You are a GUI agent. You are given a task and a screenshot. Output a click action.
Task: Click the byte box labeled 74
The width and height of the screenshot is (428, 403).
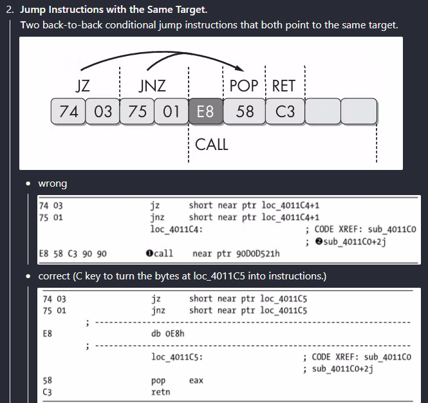(68, 112)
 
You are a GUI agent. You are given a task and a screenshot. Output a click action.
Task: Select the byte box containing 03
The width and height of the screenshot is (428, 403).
(102, 112)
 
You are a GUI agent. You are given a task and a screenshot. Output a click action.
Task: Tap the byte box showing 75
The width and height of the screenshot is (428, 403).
(136, 112)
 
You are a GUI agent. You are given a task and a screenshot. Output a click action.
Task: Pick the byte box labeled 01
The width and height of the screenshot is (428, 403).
(171, 112)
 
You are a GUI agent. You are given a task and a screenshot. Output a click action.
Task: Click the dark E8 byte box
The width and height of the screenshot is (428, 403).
(205, 112)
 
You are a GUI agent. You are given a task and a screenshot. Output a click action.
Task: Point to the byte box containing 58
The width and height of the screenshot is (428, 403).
(245, 112)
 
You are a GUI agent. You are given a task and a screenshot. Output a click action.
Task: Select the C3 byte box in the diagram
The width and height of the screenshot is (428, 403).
(284, 112)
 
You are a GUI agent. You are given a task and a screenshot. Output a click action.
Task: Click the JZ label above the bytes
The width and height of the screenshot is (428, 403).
(82, 86)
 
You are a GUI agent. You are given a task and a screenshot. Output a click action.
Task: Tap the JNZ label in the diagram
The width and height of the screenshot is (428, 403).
(152, 86)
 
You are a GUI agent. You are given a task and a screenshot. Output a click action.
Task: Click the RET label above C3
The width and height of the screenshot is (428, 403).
(284, 86)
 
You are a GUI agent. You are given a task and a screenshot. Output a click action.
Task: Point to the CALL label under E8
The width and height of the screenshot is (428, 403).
(211, 144)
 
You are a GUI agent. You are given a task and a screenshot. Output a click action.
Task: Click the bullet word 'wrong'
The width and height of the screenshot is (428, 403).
(53, 184)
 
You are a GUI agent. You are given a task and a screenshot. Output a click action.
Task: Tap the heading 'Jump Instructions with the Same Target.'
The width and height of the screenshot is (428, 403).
(114, 10)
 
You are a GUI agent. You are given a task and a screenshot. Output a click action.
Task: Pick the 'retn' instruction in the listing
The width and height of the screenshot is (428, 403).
(160, 391)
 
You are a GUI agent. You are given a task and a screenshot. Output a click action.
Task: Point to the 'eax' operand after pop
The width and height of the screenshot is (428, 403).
(196, 380)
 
